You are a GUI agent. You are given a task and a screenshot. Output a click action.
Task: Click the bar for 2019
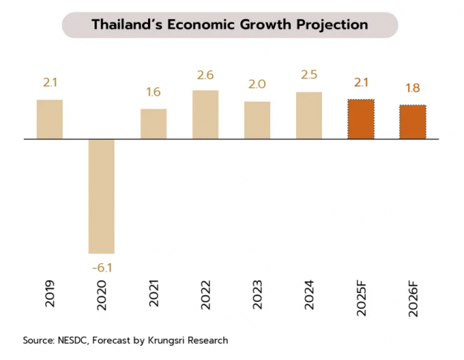[50, 119]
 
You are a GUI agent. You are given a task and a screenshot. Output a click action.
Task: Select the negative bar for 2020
[102, 196]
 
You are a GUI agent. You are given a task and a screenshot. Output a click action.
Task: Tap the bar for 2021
[154, 123]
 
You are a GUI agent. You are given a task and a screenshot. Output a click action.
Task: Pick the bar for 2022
[205, 115]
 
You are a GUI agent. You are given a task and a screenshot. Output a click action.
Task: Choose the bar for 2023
[257, 120]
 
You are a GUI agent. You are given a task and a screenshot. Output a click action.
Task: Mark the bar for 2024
[309, 115]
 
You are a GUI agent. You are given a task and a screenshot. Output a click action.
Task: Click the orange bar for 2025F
[361, 119]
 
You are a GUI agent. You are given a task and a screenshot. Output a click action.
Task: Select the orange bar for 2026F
[413, 121]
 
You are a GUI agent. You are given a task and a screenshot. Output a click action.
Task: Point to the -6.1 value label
[102, 266]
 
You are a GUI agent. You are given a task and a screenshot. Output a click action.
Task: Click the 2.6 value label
[205, 75]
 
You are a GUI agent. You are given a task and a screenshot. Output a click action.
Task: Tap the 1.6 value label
[154, 92]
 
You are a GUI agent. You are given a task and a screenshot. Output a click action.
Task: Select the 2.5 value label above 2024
[309, 75]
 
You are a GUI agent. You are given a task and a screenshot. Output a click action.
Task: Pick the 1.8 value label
[413, 89]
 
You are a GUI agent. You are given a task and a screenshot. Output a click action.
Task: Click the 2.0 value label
[257, 85]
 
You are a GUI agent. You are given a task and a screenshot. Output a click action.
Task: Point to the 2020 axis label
[102, 295]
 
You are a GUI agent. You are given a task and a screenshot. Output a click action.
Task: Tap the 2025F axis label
[361, 299]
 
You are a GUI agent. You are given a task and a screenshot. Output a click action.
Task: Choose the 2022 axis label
[206, 295]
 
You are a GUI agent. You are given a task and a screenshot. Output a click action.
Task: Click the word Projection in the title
[329, 25]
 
